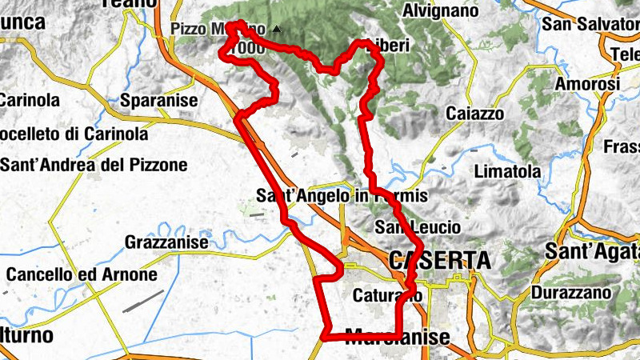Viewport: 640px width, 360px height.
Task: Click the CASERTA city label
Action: click(439, 260)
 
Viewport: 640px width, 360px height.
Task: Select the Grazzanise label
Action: click(166, 242)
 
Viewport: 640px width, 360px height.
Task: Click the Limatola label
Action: click(507, 171)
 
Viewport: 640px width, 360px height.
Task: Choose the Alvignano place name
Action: click(441, 11)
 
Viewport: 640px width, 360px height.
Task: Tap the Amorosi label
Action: click(588, 84)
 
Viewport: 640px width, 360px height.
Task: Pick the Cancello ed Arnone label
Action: click(82, 274)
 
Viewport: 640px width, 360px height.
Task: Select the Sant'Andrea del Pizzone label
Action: click(94, 166)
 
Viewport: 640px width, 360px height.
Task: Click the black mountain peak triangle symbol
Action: click(277, 30)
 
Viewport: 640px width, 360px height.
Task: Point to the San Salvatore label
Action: click(590, 24)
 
